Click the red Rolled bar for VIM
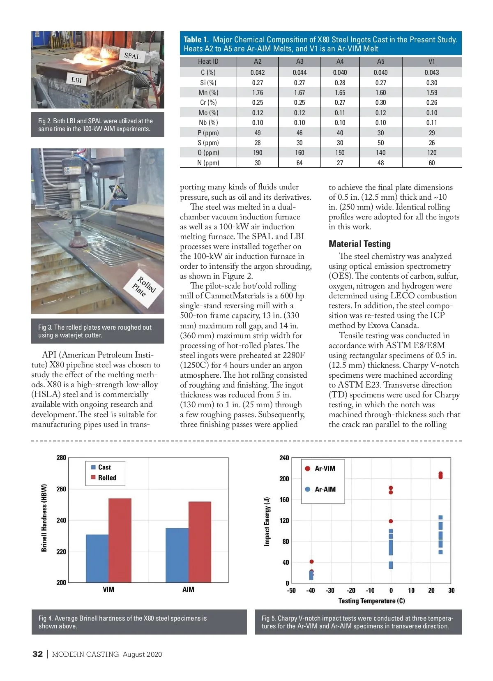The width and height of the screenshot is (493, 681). coord(120,540)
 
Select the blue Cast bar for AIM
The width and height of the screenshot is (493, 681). coord(177,555)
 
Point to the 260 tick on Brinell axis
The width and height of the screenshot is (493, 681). coord(61,489)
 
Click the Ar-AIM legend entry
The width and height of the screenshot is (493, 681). coord(325,489)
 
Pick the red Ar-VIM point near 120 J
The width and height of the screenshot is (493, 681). coord(391,521)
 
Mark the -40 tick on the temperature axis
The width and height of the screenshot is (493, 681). coord(311,591)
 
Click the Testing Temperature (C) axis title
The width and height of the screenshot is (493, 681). coord(371,601)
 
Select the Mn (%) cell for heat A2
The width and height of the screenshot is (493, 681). coord(258,92)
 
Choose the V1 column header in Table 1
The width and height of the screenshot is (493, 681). coord(431,61)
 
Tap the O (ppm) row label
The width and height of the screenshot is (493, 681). coord(208,152)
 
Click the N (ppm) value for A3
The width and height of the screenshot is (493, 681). coord(299,163)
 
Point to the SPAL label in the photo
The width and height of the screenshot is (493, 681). coord(132,55)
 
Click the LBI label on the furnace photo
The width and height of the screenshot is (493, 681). coord(77,80)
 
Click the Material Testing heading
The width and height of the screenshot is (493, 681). coord(359,244)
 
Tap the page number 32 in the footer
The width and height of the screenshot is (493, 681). coord(37,654)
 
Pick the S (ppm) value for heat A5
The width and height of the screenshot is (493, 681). coord(380,143)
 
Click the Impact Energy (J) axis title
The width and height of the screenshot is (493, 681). coord(267,521)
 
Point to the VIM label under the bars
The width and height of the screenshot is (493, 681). coord(108,589)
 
